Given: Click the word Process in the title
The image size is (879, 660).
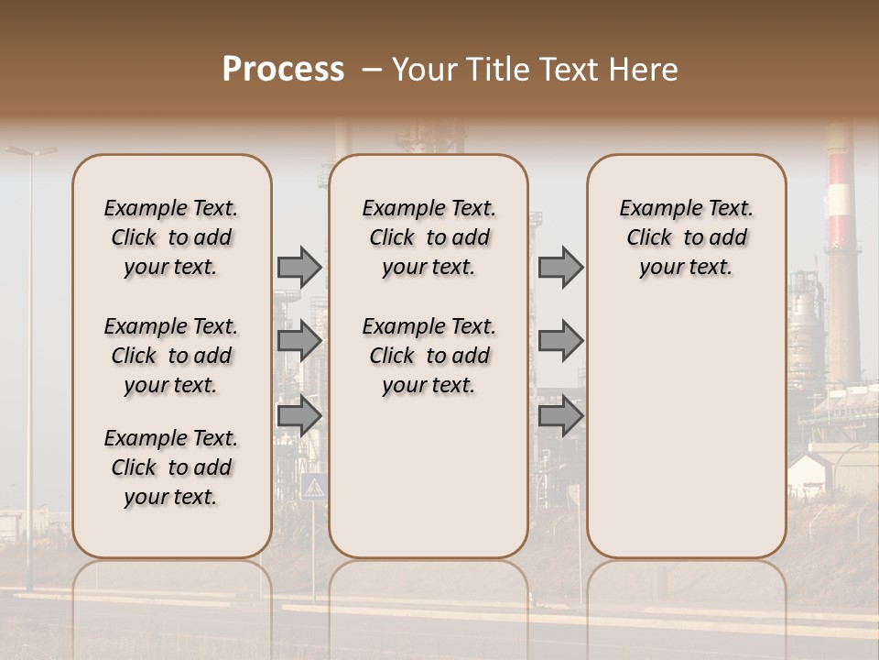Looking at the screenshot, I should (283, 69).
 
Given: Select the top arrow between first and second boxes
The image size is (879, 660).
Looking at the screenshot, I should (298, 267).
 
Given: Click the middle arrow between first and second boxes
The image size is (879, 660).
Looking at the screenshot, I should (298, 341).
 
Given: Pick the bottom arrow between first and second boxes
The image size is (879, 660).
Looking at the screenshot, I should (298, 415).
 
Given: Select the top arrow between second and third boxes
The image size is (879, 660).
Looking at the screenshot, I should (560, 267).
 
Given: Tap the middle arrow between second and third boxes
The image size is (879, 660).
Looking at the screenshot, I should (560, 341).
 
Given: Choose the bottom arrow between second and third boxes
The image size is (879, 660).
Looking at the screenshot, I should (560, 415).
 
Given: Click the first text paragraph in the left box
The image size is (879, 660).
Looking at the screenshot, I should (171, 237).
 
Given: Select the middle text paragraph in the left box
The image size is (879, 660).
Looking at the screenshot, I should (171, 356).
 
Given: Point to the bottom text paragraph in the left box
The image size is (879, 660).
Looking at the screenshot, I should (171, 467).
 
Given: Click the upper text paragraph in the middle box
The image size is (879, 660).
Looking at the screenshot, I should (429, 237).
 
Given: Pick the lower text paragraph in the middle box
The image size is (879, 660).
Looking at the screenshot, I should (429, 356).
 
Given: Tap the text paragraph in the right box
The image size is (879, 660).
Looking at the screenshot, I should (686, 237).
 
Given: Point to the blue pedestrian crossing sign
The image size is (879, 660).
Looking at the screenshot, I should (313, 486).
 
